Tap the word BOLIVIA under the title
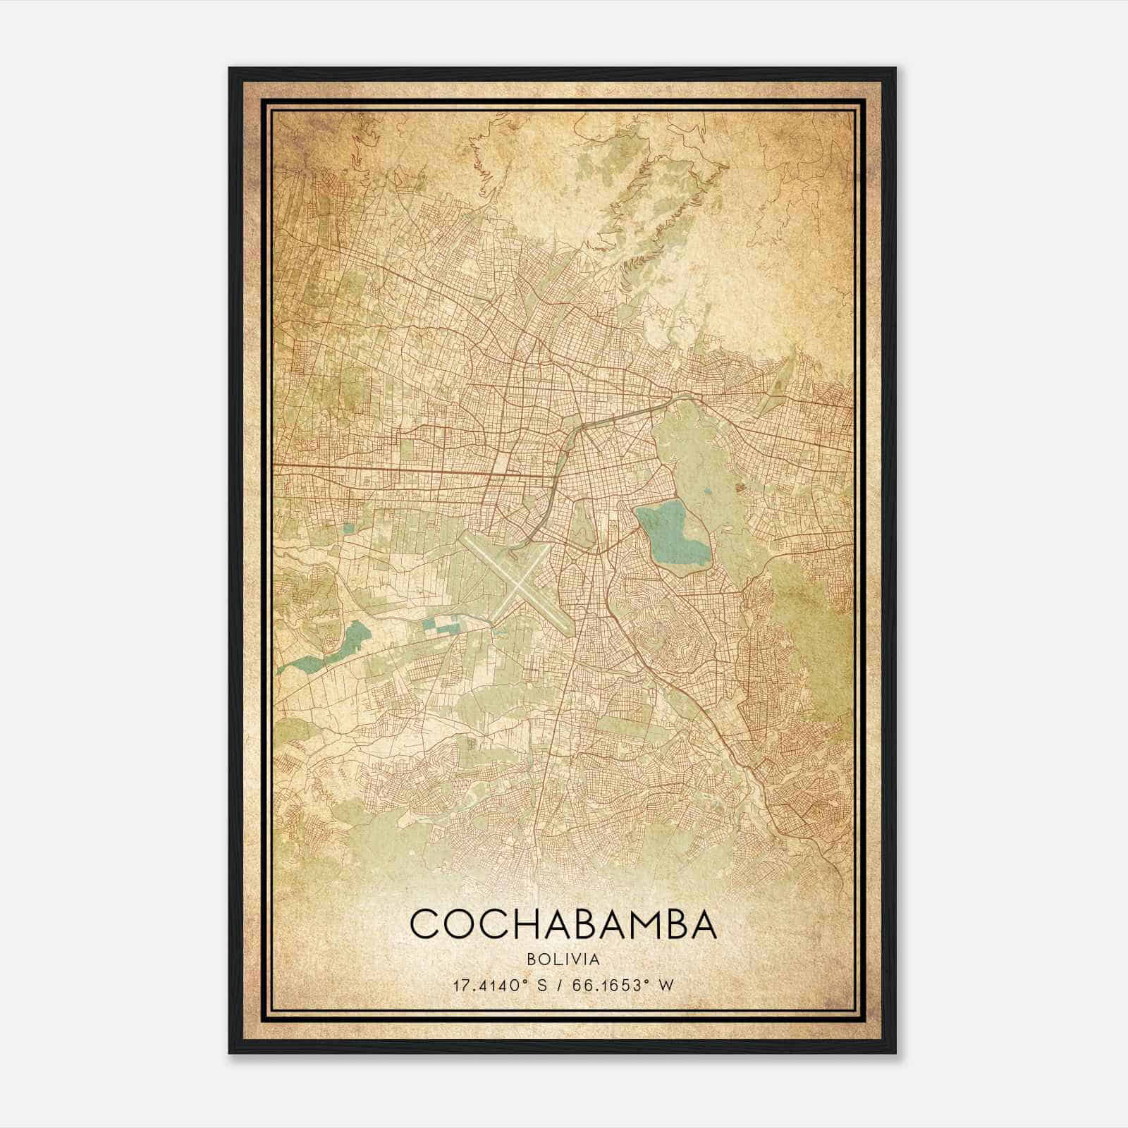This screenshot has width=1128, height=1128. pos(563,960)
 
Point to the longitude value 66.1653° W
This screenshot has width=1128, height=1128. pos(623,985)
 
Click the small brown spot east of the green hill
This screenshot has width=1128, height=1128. pos(740,486)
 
